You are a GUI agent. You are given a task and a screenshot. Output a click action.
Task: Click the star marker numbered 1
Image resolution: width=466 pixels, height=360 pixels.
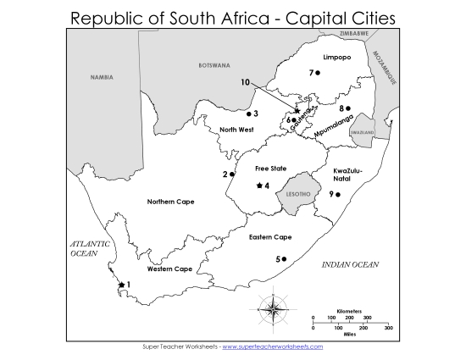tap(121, 285)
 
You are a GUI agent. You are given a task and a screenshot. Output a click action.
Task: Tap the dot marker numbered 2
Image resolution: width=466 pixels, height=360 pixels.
tap(232, 174)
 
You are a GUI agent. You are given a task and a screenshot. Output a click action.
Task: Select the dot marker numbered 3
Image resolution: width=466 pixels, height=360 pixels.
tap(248, 114)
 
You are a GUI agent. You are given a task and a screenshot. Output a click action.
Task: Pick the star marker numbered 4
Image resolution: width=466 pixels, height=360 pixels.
tap(259, 186)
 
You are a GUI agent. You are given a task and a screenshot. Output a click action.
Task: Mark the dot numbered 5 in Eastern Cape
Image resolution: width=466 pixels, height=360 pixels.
tap(285, 259)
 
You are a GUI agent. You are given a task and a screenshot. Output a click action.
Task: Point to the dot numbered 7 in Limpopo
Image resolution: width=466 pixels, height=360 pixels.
tap(318, 73)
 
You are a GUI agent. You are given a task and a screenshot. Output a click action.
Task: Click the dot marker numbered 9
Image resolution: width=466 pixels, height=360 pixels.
tap(338, 195)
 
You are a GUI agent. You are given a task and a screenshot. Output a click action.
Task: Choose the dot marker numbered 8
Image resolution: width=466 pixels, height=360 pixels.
tap(348, 108)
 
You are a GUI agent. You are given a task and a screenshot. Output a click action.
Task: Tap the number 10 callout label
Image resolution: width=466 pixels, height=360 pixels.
tap(245, 83)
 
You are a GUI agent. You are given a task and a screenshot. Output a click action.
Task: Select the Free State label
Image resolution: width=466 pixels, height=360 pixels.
tap(259, 169)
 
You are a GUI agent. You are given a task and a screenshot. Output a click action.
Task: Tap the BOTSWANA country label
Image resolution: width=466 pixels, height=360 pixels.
tap(214, 65)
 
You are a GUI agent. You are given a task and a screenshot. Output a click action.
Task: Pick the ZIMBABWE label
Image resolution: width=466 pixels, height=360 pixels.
tap(353, 33)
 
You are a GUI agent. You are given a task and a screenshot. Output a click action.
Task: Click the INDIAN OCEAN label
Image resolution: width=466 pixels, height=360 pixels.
tap(350, 265)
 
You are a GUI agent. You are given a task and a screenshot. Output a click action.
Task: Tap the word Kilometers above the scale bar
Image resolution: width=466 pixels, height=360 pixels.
tap(350, 310)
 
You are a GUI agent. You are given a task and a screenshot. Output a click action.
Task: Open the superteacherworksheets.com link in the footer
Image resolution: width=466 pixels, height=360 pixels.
tap(272, 347)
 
